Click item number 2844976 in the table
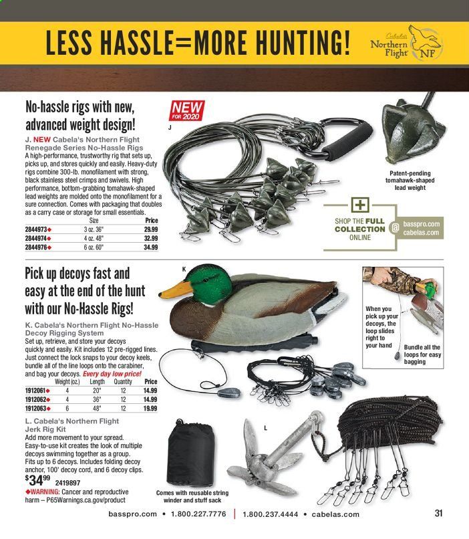(x=41, y=247)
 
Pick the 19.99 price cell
(x=150, y=408)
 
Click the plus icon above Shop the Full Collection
(x=359, y=205)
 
